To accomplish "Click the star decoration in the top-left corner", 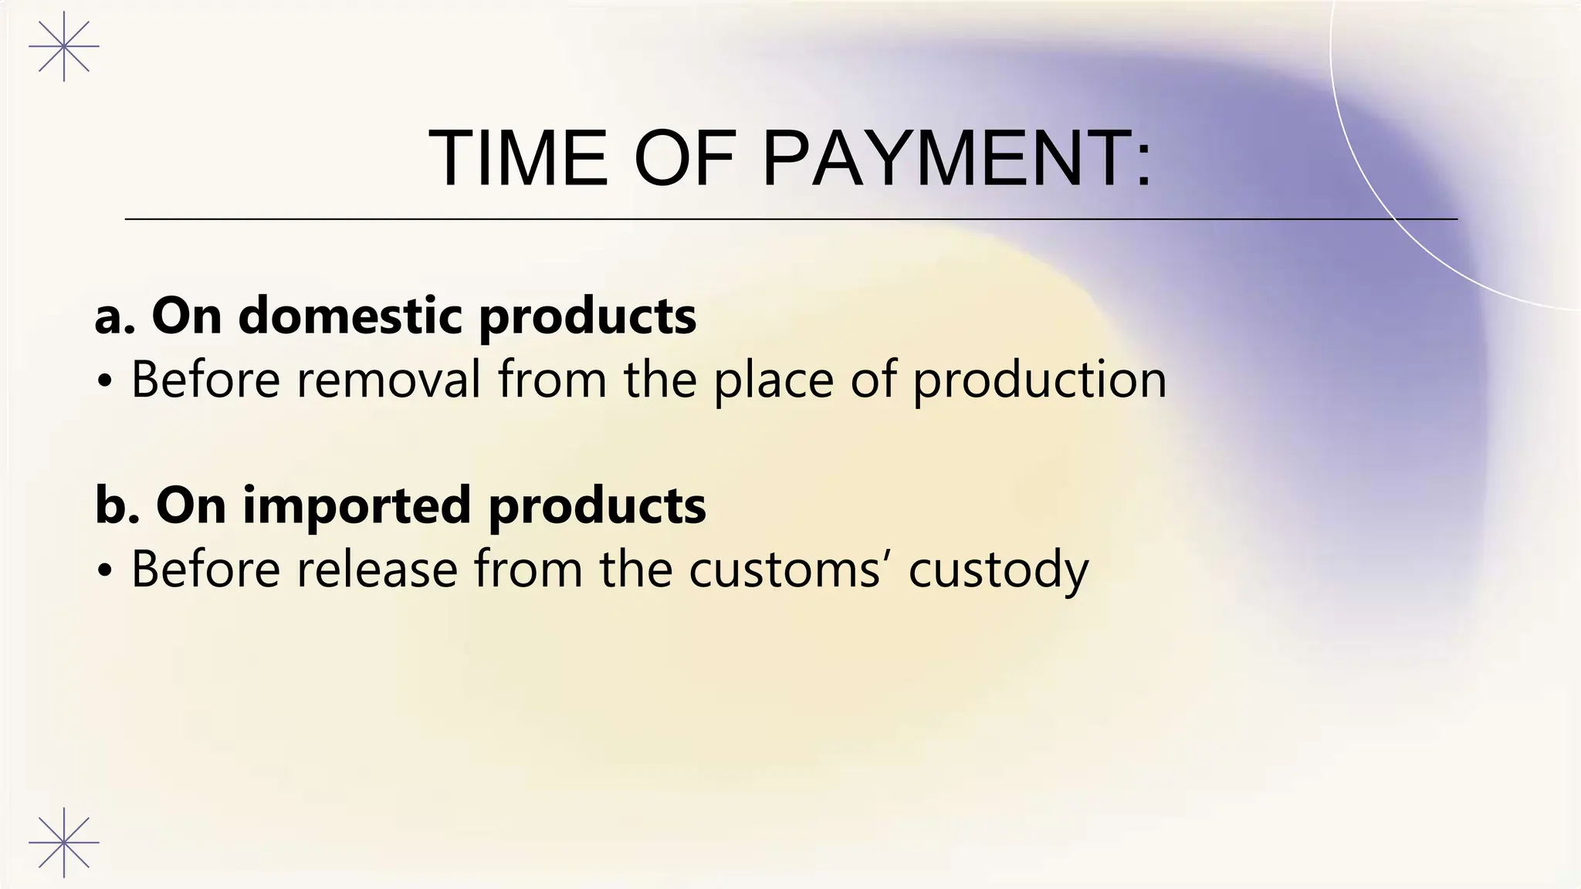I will point(64,46).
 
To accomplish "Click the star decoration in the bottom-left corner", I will point(64,842).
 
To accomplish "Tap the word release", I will point(377,569).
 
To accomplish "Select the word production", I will point(1039,380).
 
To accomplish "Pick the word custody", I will point(998,570).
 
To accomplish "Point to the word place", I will point(773,380).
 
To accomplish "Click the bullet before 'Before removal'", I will point(106,381).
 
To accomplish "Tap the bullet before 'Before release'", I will point(106,571).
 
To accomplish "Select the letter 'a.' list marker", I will point(114,316).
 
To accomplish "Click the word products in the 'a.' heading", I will point(587,316).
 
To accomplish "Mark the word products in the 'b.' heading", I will point(597,506).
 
